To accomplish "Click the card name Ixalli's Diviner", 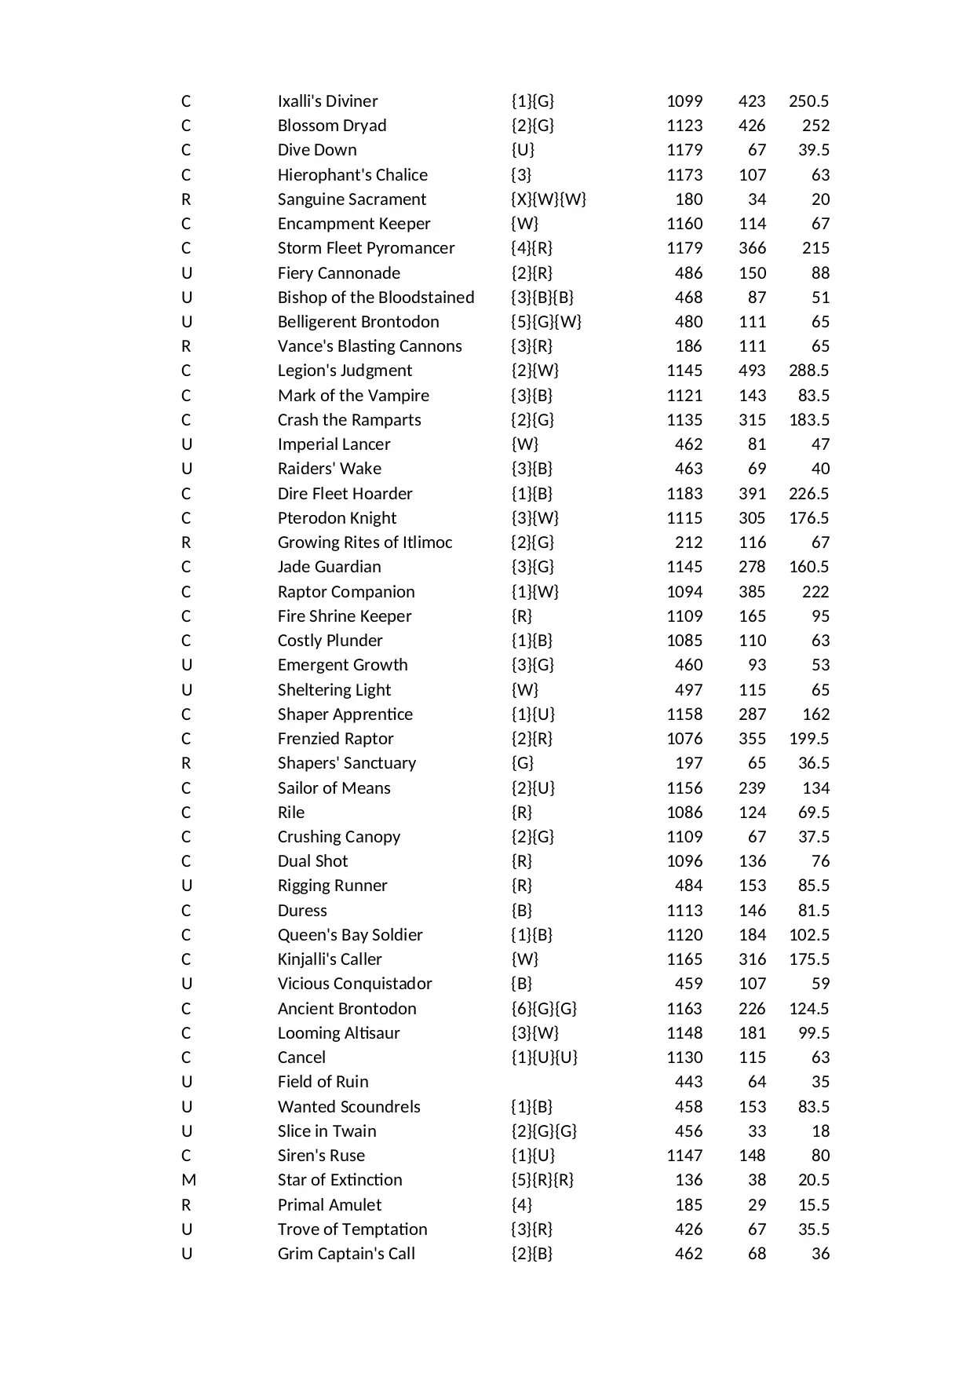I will (327, 101).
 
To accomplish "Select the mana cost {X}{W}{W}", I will (549, 199).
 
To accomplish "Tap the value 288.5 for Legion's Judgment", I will (808, 371).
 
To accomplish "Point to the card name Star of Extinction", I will (340, 1180).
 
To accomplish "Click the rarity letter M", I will (188, 1180).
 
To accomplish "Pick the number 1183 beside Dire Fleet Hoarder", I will (684, 494).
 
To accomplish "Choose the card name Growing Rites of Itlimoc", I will (365, 542).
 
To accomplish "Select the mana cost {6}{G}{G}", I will (544, 1009).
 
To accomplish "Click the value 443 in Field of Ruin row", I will (688, 1082).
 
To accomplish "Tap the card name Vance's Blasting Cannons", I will (370, 346).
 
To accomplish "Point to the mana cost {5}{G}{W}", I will (546, 322).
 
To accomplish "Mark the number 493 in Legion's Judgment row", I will (752, 371).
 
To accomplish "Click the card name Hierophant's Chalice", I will (352, 175).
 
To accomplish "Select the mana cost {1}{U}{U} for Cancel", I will (544, 1057).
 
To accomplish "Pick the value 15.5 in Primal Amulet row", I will (814, 1205).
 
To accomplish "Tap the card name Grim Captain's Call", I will (346, 1254).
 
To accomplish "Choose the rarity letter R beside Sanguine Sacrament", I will (186, 199).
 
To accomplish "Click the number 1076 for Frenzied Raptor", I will (684, 739).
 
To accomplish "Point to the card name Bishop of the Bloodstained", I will (376, 298).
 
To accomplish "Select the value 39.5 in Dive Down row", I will (814, 150).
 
